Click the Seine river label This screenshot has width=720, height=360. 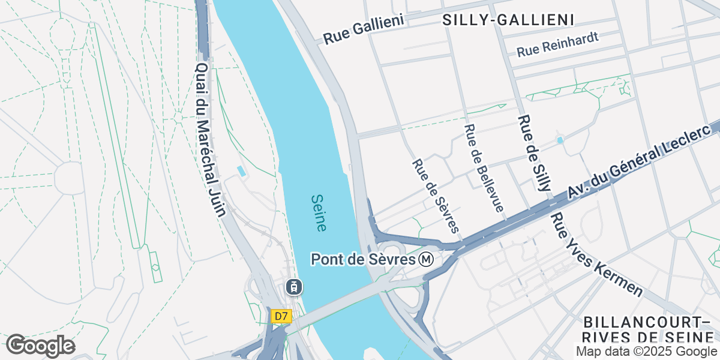[x=319, y=213]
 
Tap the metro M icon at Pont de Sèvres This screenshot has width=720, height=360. [x=427, y=260]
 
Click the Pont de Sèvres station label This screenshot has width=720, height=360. [x=364, y=260]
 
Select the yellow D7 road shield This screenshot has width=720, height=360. [x=280, y=316]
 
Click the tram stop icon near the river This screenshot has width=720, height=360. [x=293, y=287]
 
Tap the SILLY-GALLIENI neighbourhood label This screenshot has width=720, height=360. [x=508, y=20]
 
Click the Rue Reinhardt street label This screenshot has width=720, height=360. [x=558, y=45]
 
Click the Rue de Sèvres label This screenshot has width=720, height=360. [x=436, y=196]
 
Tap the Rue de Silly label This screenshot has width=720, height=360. [x=533, y=153]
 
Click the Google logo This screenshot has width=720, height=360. [x=40, y=346]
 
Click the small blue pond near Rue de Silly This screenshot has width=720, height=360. [x=560, y=140]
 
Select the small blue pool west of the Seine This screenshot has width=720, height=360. [x=242, y=171]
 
